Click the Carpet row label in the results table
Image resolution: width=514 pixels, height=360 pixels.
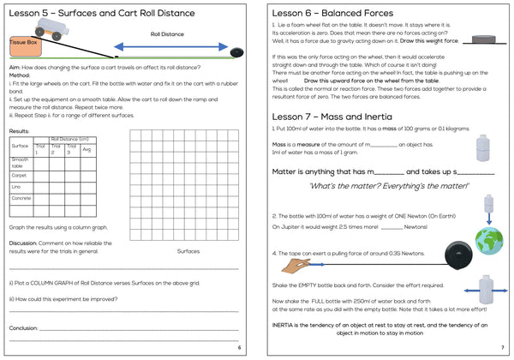tap(19, 174)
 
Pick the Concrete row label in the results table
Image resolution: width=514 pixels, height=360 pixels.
tap(21, 198)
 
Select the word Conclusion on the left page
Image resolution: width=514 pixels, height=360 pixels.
tap(24, 327)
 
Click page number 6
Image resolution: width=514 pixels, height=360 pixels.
tap(240, 347)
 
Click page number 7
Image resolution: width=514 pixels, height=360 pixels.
tap(501, 347)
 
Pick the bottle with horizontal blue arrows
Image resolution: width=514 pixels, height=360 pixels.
tap(485, 290)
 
